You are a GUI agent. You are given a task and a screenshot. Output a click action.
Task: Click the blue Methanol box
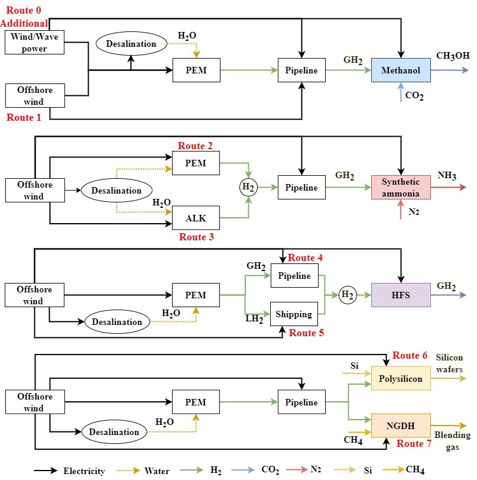point(400,71)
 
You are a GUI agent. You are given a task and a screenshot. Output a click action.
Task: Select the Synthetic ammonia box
point(400,188)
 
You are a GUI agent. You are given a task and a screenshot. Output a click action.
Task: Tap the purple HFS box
point(400,294)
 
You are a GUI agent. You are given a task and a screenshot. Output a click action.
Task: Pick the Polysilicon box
point(400,378)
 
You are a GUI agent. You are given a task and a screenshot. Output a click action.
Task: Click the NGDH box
point(400,424)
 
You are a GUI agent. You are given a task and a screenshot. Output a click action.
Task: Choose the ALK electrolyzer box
point(196,218)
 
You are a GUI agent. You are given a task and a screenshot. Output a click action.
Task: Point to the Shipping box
point(294,314)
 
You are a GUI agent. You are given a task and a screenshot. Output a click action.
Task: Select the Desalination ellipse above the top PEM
point(131,43)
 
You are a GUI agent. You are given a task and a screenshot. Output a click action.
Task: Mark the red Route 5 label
point(306,333)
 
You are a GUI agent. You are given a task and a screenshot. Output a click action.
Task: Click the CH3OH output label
point(453,57)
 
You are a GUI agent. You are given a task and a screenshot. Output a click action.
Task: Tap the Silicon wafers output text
point(453,363)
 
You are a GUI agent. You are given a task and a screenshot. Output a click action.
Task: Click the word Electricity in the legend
point(84,471)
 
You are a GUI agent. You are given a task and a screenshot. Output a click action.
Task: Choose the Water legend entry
point(157,471)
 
